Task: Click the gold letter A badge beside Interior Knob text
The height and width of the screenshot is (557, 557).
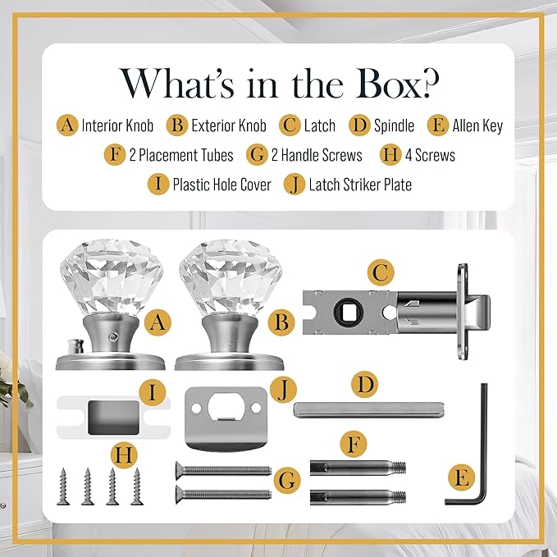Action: pyautogui.click(x=67, y=125)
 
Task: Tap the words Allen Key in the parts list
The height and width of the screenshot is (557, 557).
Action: pyautogui.click(x=477, y=126)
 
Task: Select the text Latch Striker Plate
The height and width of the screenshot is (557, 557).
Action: pyautogui.click(x=360, y=185)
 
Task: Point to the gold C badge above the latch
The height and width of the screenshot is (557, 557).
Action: pyautogui.click(x=380, y=273)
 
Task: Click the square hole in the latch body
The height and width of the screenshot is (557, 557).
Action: pyautogui.click(x=348, y=312)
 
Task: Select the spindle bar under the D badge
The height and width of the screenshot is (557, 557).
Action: pyautogui.click(x=369, y=409)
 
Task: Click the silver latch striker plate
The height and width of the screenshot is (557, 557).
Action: pyautogui.click(x=226, y=418)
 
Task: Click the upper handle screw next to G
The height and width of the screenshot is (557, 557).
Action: pyautogui.click(x=224, y=471)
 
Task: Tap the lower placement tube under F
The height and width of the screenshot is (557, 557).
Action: pyautogui.click(x=358, y=496)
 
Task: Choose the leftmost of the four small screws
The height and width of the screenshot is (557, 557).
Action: pyautogui.click(x=63, y=486)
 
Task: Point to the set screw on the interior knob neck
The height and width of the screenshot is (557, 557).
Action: pyautogui.click(x=113, y=336)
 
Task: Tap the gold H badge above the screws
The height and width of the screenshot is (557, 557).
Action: pyautogui.click(x=124, y=456)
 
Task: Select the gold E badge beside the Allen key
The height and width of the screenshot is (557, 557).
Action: pyautogui.click(x=461, y=477)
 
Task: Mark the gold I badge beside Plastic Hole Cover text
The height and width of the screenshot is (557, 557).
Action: pyautogui.click(x=158, y=184)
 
